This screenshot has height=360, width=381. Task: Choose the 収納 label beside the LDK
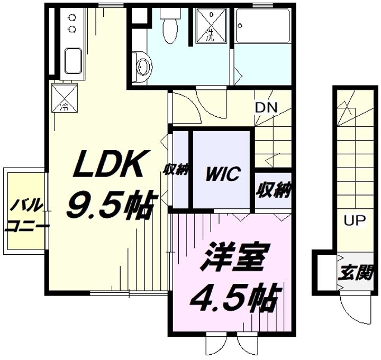point(176,171)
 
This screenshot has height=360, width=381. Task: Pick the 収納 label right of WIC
point(274,189)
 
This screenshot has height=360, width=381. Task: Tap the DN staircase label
point(266,107)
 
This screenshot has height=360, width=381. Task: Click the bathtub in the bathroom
point(262,27)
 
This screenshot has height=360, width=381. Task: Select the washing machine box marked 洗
point(210,25)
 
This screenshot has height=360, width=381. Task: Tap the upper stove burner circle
point(71,17)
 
